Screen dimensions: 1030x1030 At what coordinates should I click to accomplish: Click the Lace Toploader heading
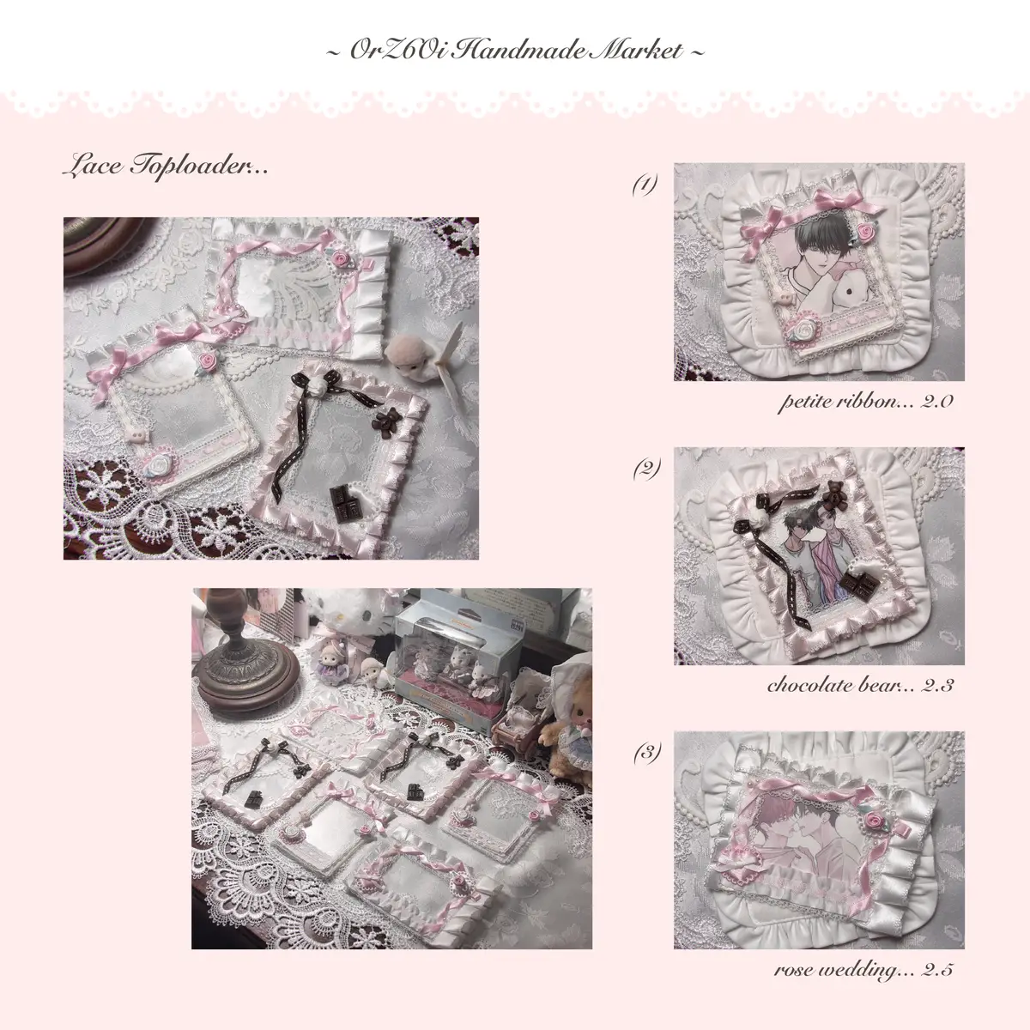point(166,166)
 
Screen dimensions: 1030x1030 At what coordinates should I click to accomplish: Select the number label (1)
point(645,185)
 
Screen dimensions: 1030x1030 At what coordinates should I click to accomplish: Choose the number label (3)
point(647,753)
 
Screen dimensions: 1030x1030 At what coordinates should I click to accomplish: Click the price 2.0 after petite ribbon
point(936,402)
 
